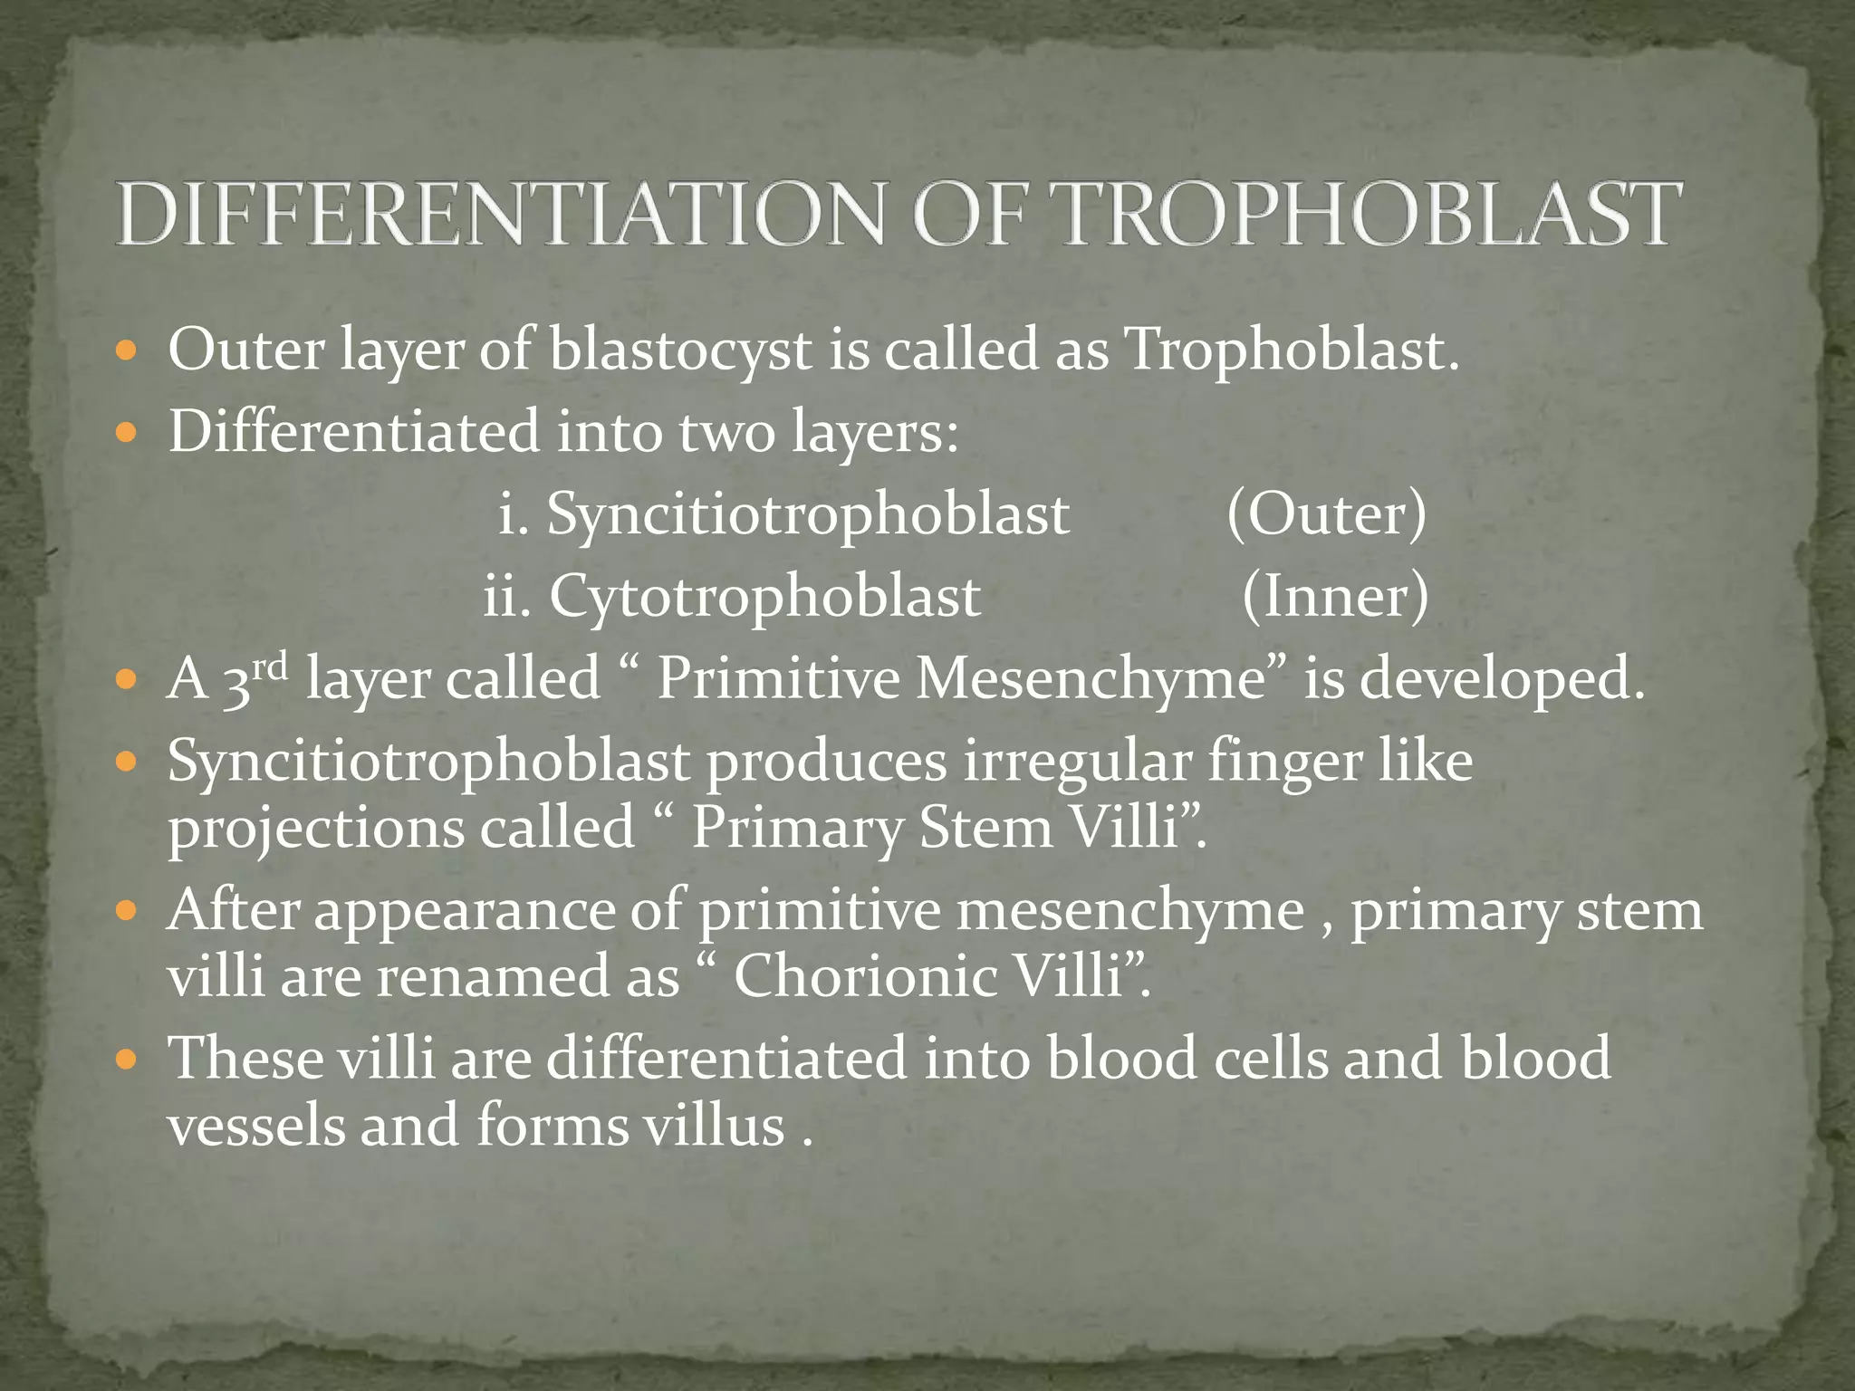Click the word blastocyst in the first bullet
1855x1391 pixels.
coord(680,350)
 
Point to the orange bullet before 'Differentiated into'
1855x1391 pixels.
coord(127,431)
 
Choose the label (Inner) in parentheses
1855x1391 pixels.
coord(1335,596)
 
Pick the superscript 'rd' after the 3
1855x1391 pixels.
coord(270,667)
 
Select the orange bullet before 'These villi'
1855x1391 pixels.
coord(127,1058)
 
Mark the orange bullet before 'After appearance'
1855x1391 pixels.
coord(127,908)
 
